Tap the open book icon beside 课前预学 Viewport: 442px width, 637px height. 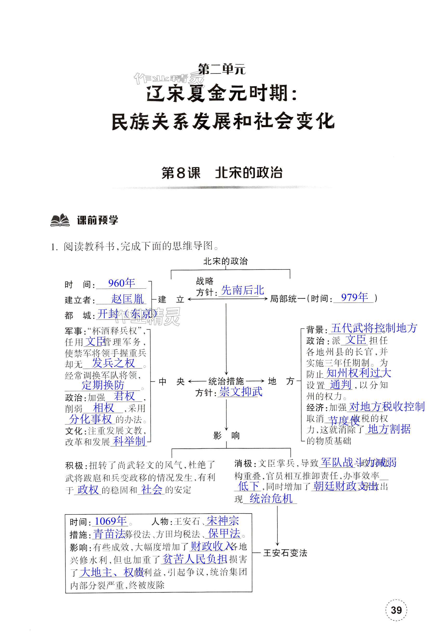tap(60, 220)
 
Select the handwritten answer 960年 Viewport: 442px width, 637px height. tap(122, 283)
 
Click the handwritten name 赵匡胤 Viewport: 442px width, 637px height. tap(127, 299)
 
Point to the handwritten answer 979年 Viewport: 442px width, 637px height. tap(354, 297)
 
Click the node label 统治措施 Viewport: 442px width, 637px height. tap(226, 381)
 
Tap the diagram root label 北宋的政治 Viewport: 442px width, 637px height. tap(226, 261)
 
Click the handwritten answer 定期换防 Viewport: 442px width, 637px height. tap(103, 385)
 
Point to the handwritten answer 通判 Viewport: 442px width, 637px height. tap(340, 385)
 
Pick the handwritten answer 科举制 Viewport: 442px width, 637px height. tap(129, 441)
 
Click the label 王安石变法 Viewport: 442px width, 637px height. tap(285, 553)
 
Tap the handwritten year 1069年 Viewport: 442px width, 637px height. tap(111, 521)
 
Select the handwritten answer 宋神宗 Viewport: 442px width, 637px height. tap(223, 521)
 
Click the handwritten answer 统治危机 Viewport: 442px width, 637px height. tap(271, 498)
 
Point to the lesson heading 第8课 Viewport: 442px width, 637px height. tap(181, 173)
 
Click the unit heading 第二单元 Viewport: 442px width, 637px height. tap(222, 69)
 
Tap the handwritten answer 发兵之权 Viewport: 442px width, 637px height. tap(113, 363)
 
